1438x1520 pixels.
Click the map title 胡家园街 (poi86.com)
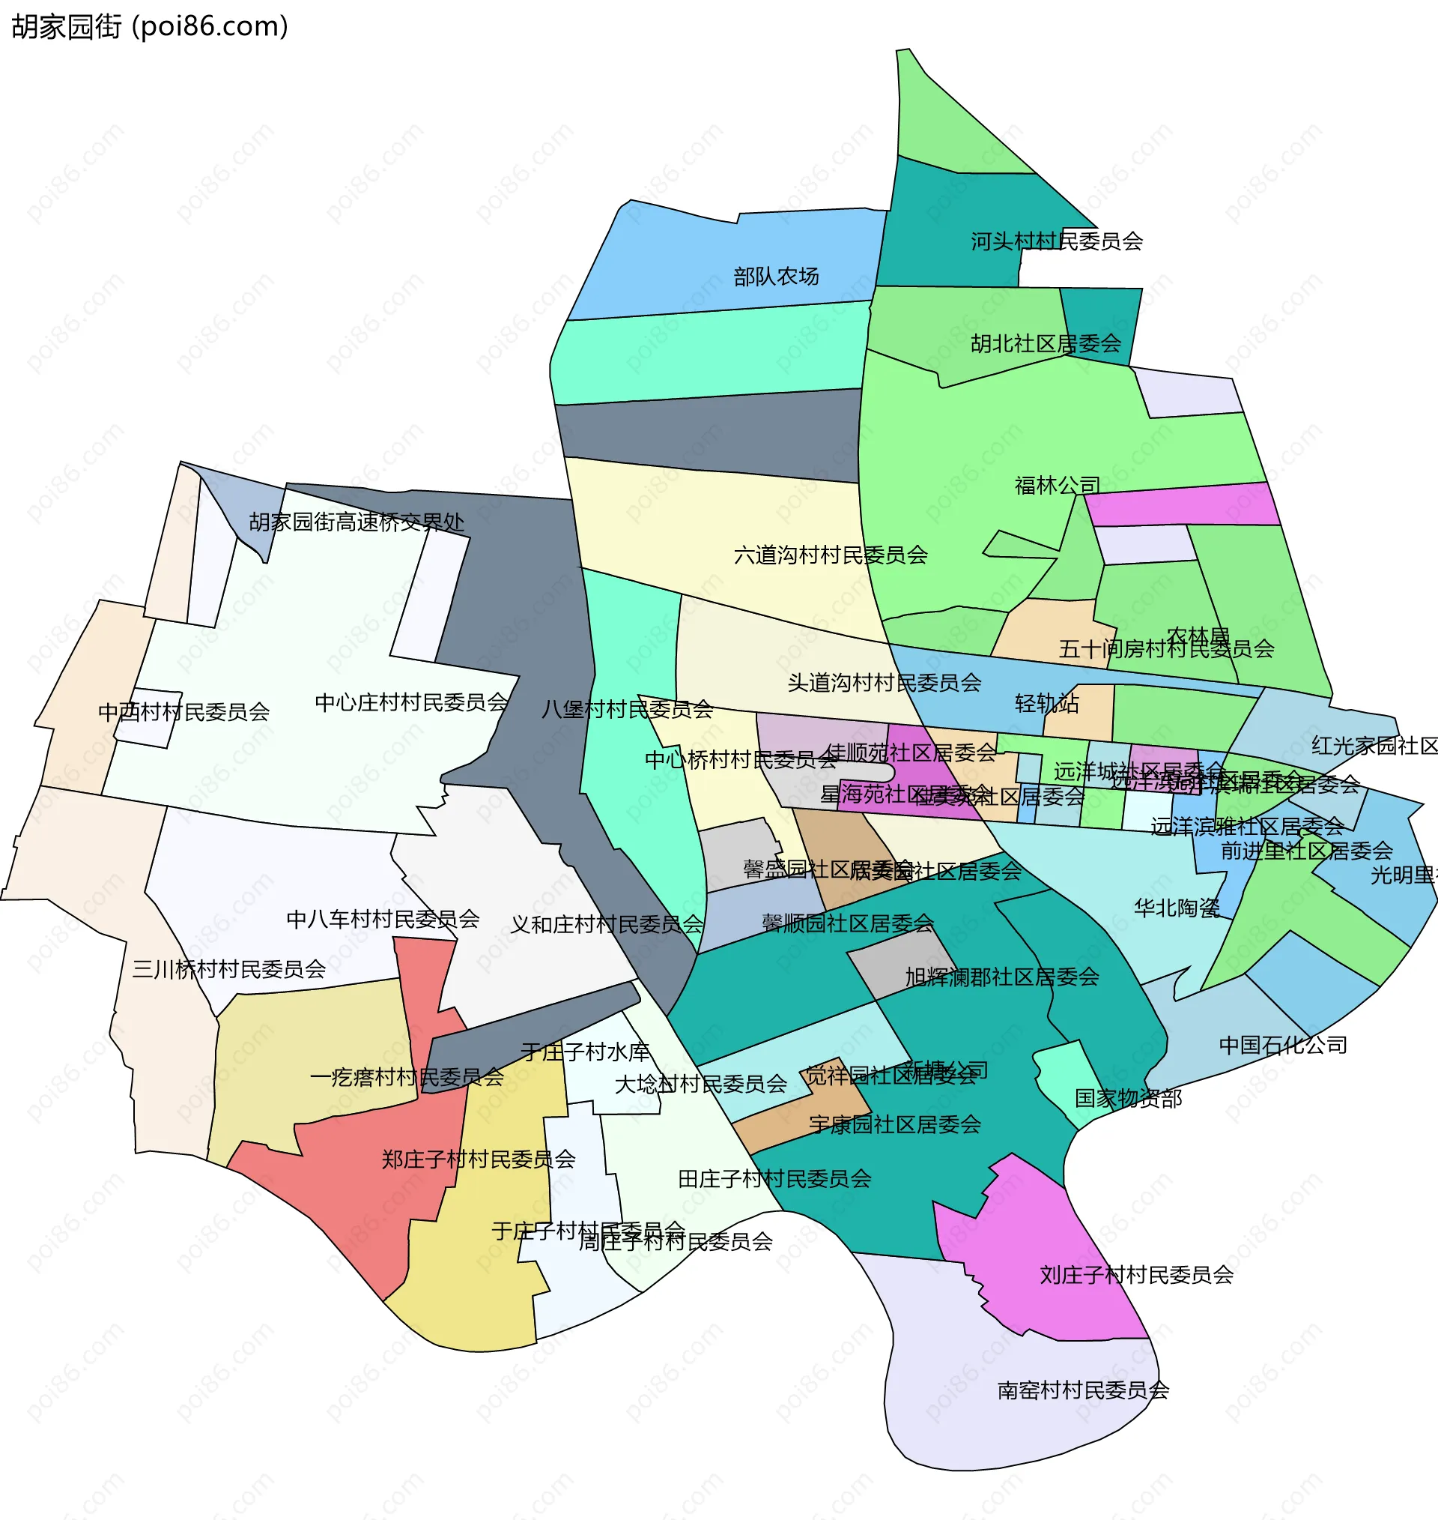(151, 27)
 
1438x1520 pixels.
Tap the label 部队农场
(776, 276)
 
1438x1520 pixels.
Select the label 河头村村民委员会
(1056, 241)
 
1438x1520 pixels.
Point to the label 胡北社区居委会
(1046, 343)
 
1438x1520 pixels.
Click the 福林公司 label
(1057, 486)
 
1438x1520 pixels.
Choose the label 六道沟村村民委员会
(830, 555)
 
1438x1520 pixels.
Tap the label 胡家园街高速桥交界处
(357, 522)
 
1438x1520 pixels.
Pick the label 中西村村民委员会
(184, 713)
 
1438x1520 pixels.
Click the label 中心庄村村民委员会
(412, 702)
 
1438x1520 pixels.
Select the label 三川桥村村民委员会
(228, 969)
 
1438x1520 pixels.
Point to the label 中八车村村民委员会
(383, 919)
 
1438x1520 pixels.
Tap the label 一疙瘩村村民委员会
(407, 1078)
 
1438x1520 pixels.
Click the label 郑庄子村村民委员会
(479, 1159)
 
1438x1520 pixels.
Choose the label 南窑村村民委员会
(1083, 1390)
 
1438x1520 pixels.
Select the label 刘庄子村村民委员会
(1136, 1275)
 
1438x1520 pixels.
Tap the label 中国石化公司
(1282, 1045)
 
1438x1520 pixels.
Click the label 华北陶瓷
(1177, 908)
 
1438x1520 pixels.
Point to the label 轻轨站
(1046, 703)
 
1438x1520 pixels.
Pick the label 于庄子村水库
(586, 1052)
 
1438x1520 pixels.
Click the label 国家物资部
(1128, 1098)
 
